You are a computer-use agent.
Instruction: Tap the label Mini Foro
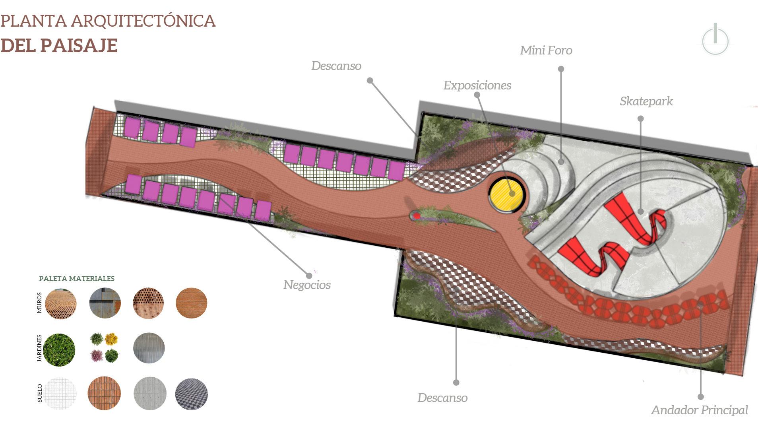point(546,50)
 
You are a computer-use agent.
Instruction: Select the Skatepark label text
point(646,101)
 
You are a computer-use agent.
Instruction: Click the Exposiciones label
point(477,85)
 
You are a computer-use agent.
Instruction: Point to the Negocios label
point(307,285)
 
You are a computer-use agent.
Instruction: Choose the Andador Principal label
point(699,410)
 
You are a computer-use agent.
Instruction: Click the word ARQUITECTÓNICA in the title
point(143,21)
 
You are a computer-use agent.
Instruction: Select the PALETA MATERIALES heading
point(77,279)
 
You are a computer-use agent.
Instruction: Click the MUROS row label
point(39,303)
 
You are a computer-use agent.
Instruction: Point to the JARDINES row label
point(39,348)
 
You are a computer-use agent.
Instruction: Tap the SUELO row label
point(39,393)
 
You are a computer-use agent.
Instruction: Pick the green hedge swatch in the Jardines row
point(59,349)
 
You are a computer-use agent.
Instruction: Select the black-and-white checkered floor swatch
point(191,394)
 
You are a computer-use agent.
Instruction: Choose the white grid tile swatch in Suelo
point(60,393)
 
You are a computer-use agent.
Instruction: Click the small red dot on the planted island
point(417,215)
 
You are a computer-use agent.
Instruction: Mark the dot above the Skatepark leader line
point(640,118)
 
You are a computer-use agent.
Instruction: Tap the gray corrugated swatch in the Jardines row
point(149,348)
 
